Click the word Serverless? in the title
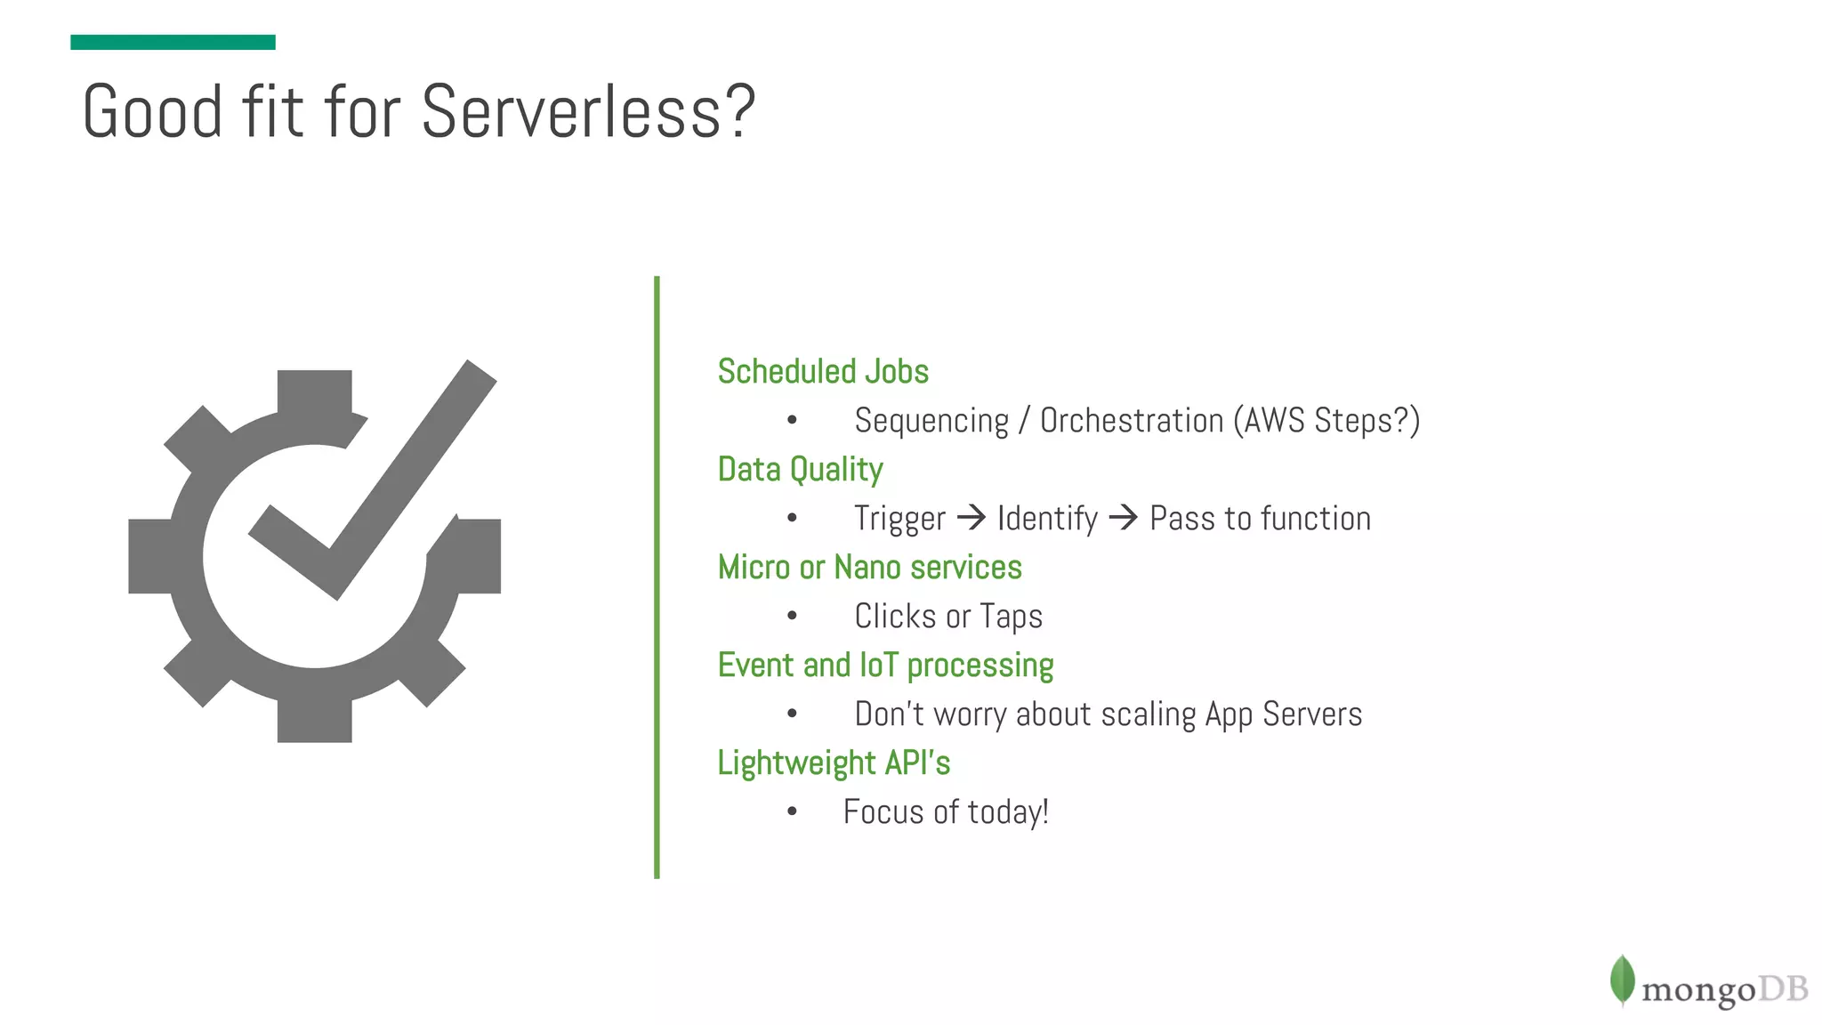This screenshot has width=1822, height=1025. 587,112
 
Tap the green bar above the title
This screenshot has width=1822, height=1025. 173,42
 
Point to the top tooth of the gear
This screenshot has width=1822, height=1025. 314,391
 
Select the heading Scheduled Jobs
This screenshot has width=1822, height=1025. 823,371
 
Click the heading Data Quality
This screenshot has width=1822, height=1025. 800,469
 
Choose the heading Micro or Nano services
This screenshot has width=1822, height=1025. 869,567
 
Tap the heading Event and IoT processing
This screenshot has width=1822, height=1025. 885,665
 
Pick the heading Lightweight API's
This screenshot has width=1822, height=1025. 834,763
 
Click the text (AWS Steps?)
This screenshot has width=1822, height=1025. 1326,421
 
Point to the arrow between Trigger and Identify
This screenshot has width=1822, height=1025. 971,517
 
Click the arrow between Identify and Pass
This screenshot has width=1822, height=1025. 1123,517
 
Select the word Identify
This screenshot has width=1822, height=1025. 1047,519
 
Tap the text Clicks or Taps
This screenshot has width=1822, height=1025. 947,616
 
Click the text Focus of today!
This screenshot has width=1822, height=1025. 946,811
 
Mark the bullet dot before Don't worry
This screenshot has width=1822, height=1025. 792,714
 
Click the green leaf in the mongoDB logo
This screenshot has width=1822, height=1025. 1622,980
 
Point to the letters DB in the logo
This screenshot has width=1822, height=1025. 1783,989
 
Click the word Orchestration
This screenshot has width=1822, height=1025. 1132,421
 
